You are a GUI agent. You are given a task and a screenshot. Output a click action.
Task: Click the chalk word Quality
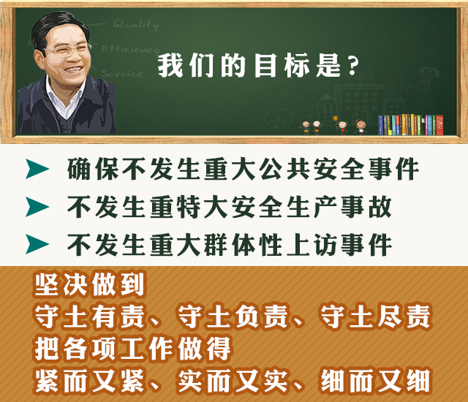pyautogui.click(x=136, y=24)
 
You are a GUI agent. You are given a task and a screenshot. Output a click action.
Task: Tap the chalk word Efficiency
pyautogui.click(x=130, y=49)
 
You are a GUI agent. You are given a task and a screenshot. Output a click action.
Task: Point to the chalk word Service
pyautogui.click(x=122, y=73)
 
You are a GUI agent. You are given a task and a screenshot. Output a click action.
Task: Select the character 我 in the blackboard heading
pyautogui.click(x=170, y=66)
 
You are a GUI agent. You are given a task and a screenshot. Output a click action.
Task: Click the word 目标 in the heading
pyautogui.click(x=282, y=66)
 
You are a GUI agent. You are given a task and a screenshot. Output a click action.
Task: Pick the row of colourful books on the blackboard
pyautogui.click(x=410, y=125)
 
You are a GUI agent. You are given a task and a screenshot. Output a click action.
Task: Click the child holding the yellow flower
pyautogui.click(x=341, y=126)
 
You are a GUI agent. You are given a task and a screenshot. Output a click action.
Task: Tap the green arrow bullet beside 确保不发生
pyautogui.click(x=37, y=169)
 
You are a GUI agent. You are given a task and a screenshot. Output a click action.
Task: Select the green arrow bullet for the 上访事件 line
pyautogui.click(x=37, y=244)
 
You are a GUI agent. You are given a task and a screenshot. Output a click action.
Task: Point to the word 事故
pyautogui.click(x=366, y=207)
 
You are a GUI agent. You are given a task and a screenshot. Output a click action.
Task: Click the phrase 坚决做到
pyautogui.click(x=89, y=284)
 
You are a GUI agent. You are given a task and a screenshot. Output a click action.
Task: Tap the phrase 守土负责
pyautogui.click(x=233, y=316)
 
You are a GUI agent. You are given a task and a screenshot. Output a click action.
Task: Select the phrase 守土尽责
pyautogui.click(x=375, y=316)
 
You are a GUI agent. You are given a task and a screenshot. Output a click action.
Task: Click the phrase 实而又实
pyautogui.click(x=233, y=381)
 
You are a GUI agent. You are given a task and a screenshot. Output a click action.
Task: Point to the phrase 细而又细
pyautogui.click(x=375, y=381)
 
